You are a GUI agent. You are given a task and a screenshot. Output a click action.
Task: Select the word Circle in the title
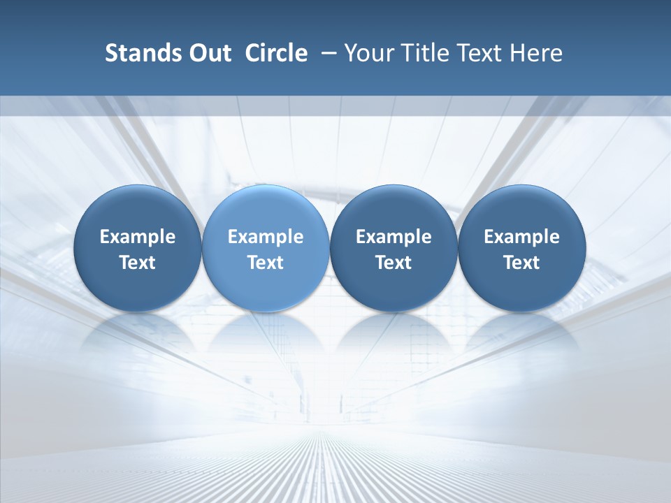pyautogui.click(x=276, y=53)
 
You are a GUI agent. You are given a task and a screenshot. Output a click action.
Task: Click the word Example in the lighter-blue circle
pyautogui.click(x=266, y=237)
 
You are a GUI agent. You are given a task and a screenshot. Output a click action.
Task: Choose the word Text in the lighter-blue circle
pyautogui.click(x=266, y=263)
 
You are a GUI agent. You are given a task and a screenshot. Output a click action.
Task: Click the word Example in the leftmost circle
pyautogui.click(x=138, y=237)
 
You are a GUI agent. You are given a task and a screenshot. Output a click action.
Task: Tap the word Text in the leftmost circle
pyautogui.click(x=138, y=263)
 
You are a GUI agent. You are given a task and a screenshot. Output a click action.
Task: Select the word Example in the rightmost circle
pyautogui.click(x=521, y=237)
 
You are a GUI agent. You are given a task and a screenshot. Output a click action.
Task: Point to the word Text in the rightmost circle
pyautogui.click(x=521, y=263)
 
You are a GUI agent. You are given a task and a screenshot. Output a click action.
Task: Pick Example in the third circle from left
pyautogui.click(x=394, y=237)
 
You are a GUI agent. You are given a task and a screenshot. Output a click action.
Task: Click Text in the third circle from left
pyautogui.click(x=394, y=263)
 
